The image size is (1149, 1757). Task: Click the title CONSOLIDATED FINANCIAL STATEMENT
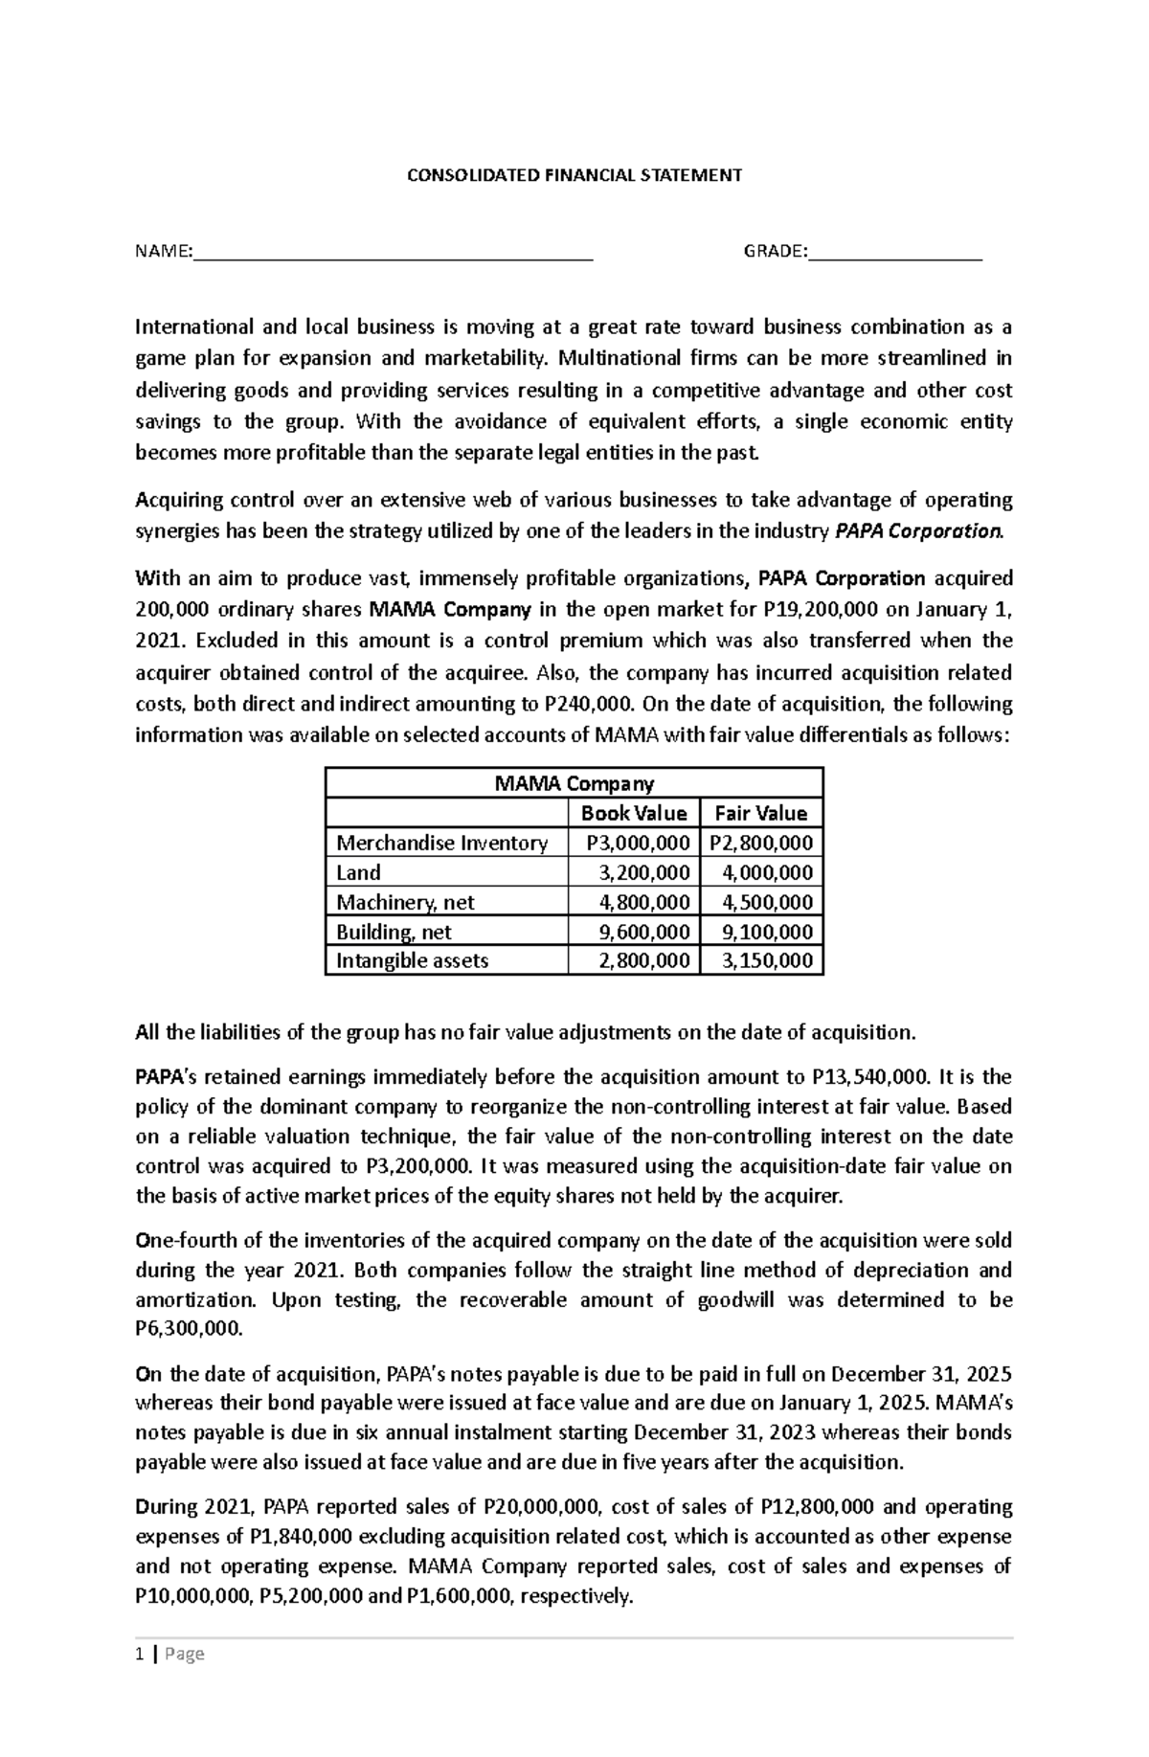click(x=574, y=175)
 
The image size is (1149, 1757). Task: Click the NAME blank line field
click(x=393, y=253)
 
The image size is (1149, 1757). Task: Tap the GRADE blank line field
click(x=894, y=253)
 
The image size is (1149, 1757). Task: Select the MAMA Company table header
click(x=574, y=784)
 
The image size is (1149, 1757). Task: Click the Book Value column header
click(x=634, y=814)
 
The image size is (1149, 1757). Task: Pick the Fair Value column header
click(x=761, y=814)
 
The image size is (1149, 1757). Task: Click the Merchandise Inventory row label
click(x=441, y=844)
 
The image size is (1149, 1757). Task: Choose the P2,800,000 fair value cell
click(x=761, y=844)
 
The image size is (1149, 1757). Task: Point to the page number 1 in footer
click(x=140, y=1655)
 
